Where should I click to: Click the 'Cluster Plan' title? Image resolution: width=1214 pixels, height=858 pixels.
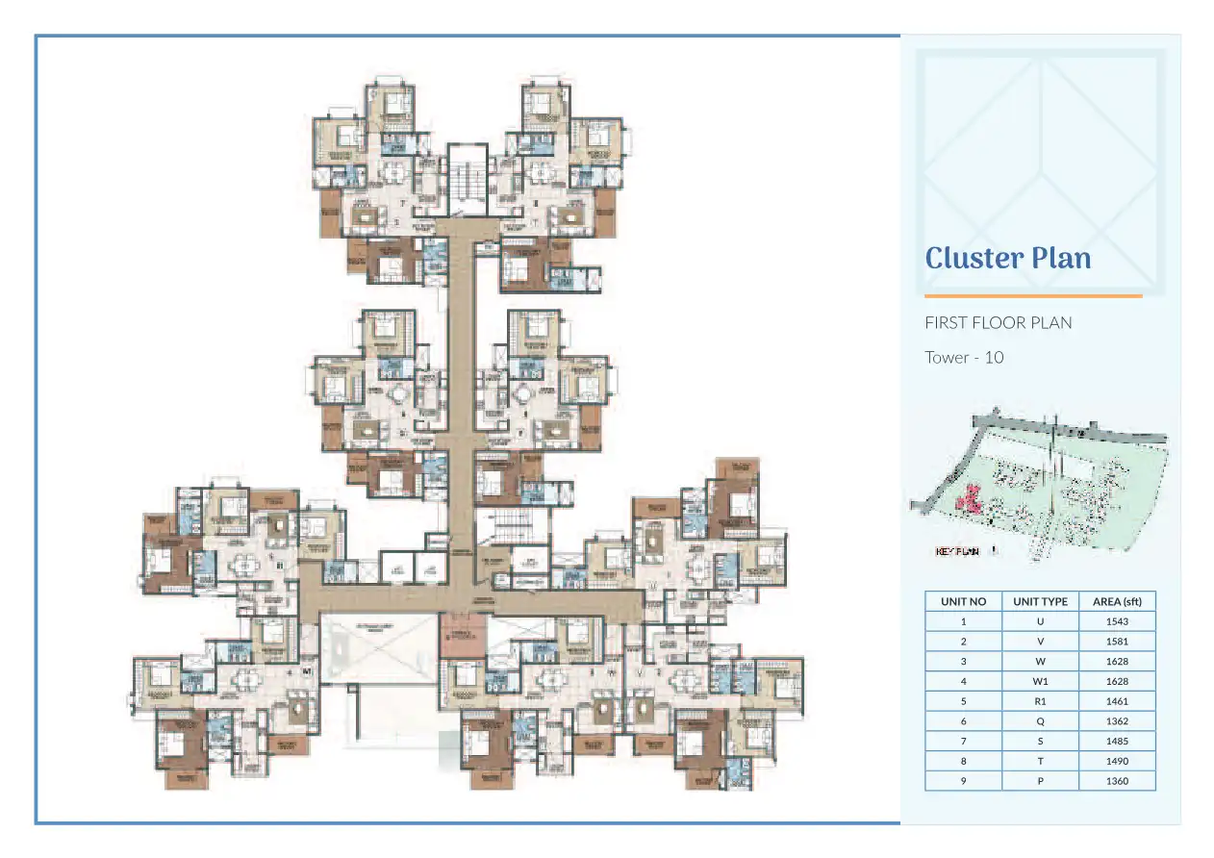click(x=1007, y=258)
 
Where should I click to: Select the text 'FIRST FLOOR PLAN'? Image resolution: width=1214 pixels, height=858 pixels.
click(x=998, y=322)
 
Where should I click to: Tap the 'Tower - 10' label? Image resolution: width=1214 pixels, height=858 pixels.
click(x=964, y=357)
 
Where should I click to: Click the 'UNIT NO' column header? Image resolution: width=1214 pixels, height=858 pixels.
click(x=963, y=601)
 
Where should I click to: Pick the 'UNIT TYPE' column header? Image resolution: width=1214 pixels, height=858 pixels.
click(x=1040, y=601)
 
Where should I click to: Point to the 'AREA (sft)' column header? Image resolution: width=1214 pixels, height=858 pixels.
click(x=1117, y=601)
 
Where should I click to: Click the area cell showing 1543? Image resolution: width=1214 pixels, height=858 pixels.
click(x=1117, y=621)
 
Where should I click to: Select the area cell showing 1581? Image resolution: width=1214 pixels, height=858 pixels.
click(x=1117, y=642)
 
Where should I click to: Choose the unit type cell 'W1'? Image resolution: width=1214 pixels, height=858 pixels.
click(x=1040, y=681)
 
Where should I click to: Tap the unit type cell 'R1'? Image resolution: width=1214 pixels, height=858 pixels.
click(x=1040, y=701)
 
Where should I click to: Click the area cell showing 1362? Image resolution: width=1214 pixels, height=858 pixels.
click(x=1117, y=721)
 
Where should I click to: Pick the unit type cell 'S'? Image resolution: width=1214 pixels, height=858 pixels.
click(x=1040, y=742)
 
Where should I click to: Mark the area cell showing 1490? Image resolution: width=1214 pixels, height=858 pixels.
click(x=1117, y=761)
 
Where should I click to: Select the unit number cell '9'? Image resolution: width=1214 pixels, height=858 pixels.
click(x=963, y=781)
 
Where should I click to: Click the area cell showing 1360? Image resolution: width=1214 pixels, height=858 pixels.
click(x=1117, y=781)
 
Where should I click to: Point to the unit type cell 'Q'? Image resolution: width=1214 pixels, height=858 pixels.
click(x=1040, y=721)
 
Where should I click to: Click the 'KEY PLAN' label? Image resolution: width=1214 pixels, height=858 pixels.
click(x=956, y=552)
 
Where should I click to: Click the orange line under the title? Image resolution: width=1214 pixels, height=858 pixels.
click(x=1033, y=296)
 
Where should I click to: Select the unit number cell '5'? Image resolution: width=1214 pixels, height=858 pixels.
click(x=963, y=701)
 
